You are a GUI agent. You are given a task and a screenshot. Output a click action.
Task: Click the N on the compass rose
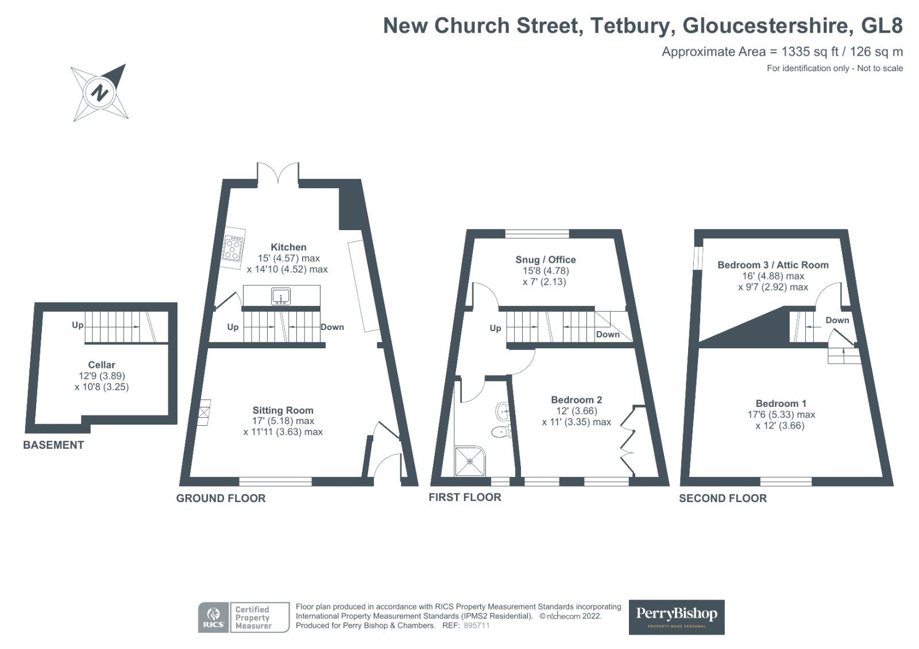point(99,92)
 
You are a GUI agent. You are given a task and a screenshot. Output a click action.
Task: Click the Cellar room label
point(101,365)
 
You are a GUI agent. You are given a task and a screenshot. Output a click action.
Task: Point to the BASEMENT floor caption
point(53,445)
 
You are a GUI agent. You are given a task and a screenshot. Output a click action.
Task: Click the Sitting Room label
point(283,410)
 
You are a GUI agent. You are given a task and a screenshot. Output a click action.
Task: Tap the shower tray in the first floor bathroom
point(470,461)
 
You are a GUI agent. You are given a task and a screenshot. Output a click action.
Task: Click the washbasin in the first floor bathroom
point(503,411)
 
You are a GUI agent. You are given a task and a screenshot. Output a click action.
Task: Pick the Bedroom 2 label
point(577,400)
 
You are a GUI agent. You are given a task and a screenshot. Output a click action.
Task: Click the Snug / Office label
point(545,259)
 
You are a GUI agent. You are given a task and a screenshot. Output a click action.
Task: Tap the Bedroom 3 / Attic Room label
point(773,265)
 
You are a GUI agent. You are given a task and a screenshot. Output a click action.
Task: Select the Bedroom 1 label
point(781,403)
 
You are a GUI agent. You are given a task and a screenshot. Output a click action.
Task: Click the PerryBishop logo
point(677,617)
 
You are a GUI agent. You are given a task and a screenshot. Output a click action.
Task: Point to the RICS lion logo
point(213,617)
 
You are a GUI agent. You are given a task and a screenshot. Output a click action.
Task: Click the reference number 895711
point(476,625)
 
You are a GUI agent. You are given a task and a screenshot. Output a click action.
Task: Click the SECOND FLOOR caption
point(723,498)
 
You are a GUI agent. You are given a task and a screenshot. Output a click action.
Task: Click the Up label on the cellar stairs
point(78,325)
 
